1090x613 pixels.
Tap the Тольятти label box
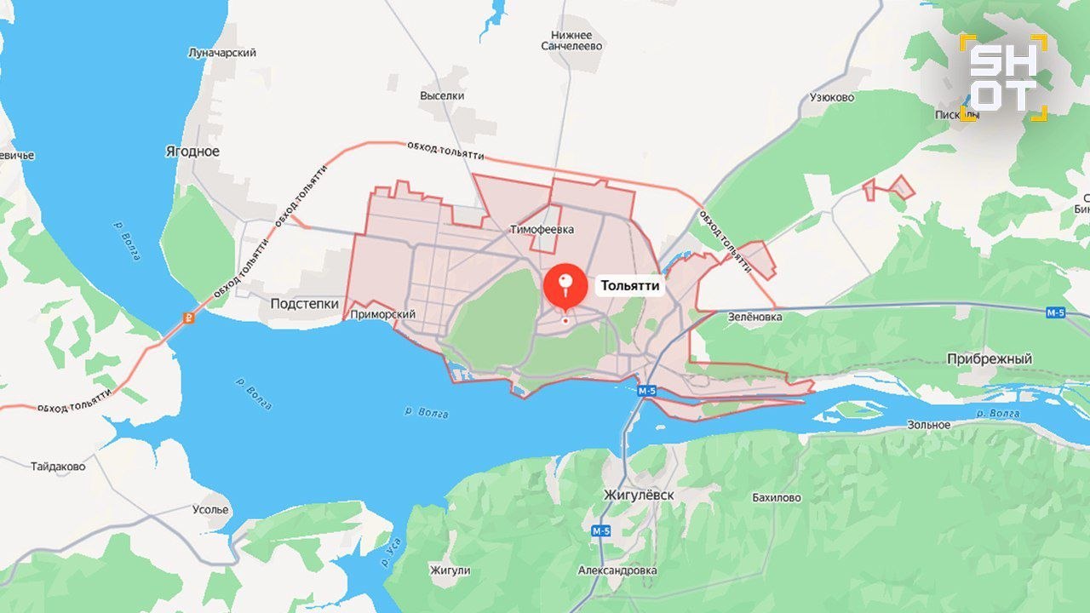(630, 286)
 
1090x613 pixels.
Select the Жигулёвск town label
(638, 495)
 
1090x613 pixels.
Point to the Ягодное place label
(192, 152)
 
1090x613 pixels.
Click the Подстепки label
(304, 304)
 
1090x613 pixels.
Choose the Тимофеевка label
(542, 230)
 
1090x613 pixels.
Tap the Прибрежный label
(989, 359)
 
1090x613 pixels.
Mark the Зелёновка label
(754, 317)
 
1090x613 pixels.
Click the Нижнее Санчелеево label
(571, 40)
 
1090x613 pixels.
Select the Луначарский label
(221, 53)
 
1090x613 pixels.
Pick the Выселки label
(442, 96)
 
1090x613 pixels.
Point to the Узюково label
(831, 97)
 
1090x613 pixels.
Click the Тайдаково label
(58, 467)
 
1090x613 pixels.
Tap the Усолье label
(209, 510)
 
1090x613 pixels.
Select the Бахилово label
(776, 498)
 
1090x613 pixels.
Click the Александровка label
(617, 570)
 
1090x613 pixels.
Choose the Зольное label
(928, 425)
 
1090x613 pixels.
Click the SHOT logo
(1003, 77)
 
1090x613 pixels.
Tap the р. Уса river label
(391, 557)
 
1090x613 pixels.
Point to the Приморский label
(382, 315)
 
